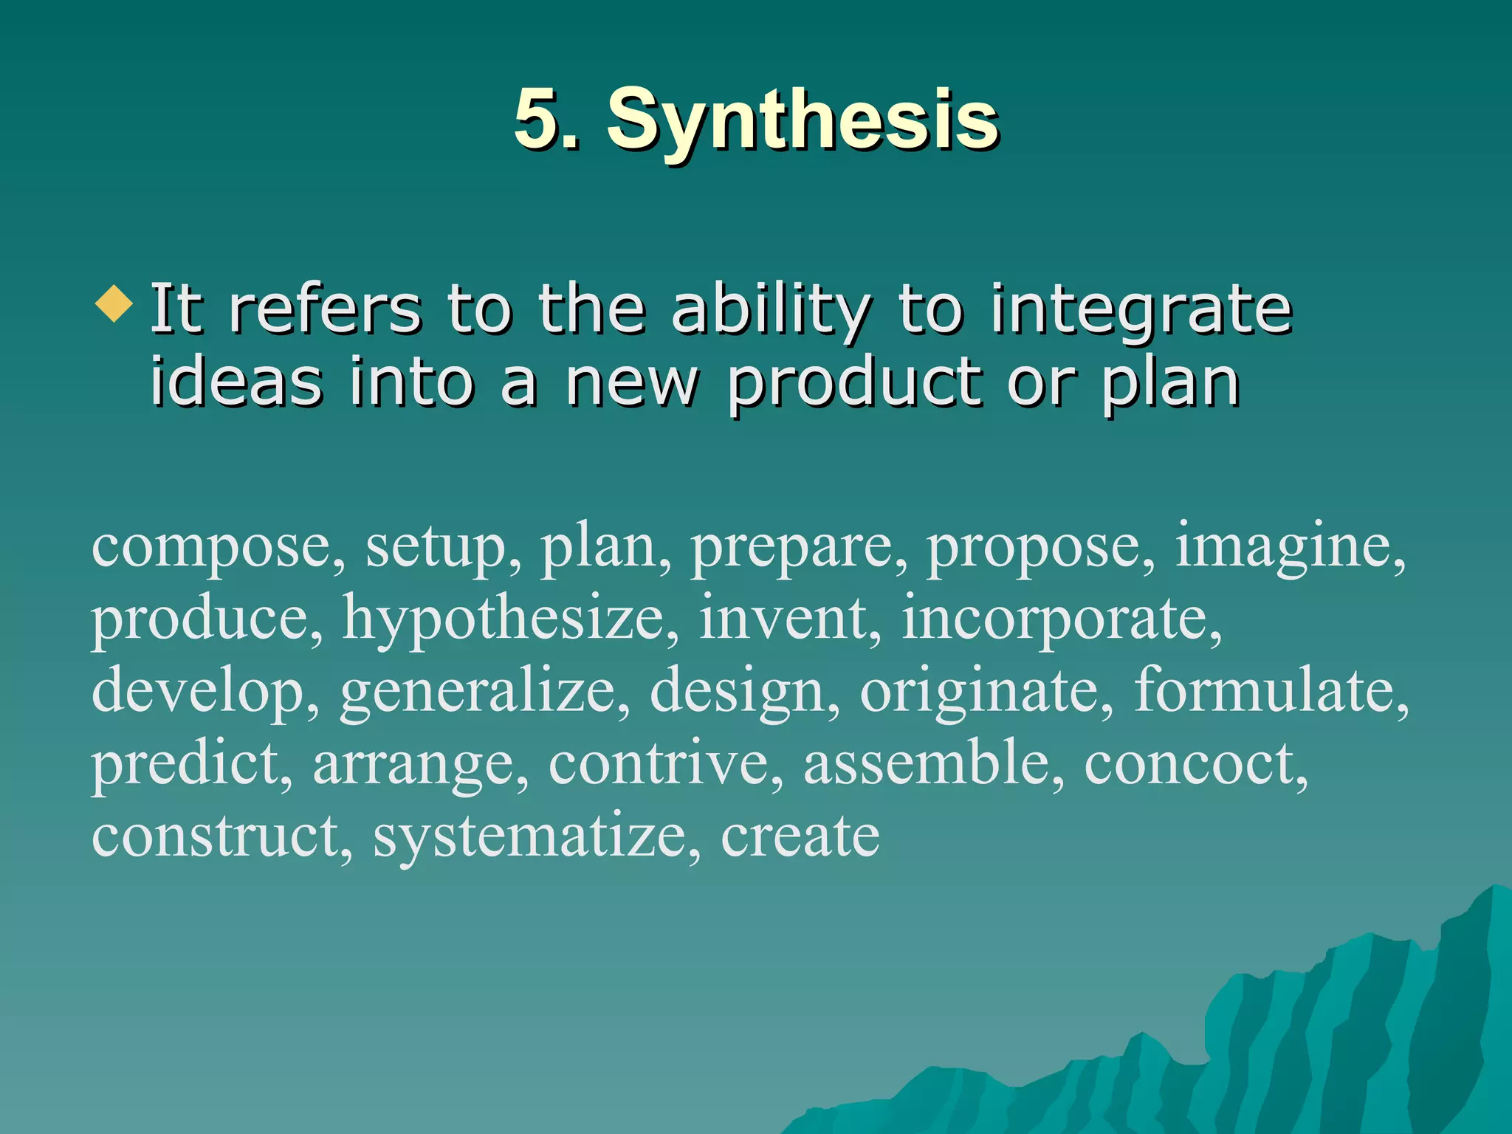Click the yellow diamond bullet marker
point(114,304)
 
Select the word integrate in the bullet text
point(1141,310)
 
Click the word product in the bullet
point(856,384)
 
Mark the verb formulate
point(1266,690)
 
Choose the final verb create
point(800,836)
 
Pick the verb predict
point(188,763)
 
